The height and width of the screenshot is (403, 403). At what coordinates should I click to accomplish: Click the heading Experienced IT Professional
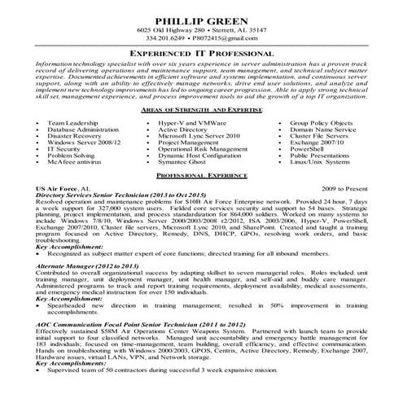(201, 52)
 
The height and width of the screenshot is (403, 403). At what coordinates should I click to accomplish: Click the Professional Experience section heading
(201, 175)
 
